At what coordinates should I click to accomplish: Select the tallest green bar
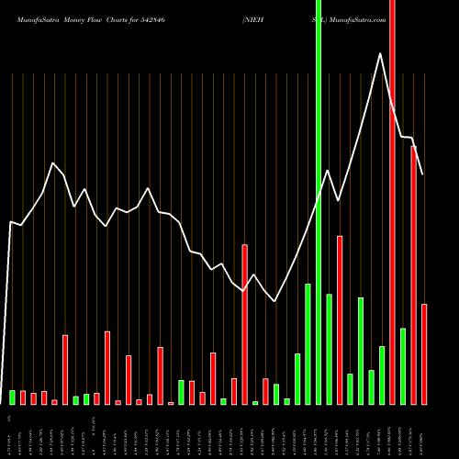tap(319, 202)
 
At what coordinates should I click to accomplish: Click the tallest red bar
tap(393, 202)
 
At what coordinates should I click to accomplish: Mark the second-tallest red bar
tap(414, 275)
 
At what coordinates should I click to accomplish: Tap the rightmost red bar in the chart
tap(424, 354)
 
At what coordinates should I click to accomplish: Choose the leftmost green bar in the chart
tap(13, 397)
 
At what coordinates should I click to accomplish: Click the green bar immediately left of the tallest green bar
tap(308, 344)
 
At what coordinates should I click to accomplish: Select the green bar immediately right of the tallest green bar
tap(329, 350)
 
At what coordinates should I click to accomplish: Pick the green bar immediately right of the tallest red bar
tap(403, 366)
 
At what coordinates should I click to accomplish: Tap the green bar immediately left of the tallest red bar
tap(382, 375)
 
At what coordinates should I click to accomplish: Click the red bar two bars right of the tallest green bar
tap(340, 320)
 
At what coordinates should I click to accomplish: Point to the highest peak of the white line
tap(380, 53)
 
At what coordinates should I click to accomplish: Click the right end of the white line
tap(424, 174)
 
